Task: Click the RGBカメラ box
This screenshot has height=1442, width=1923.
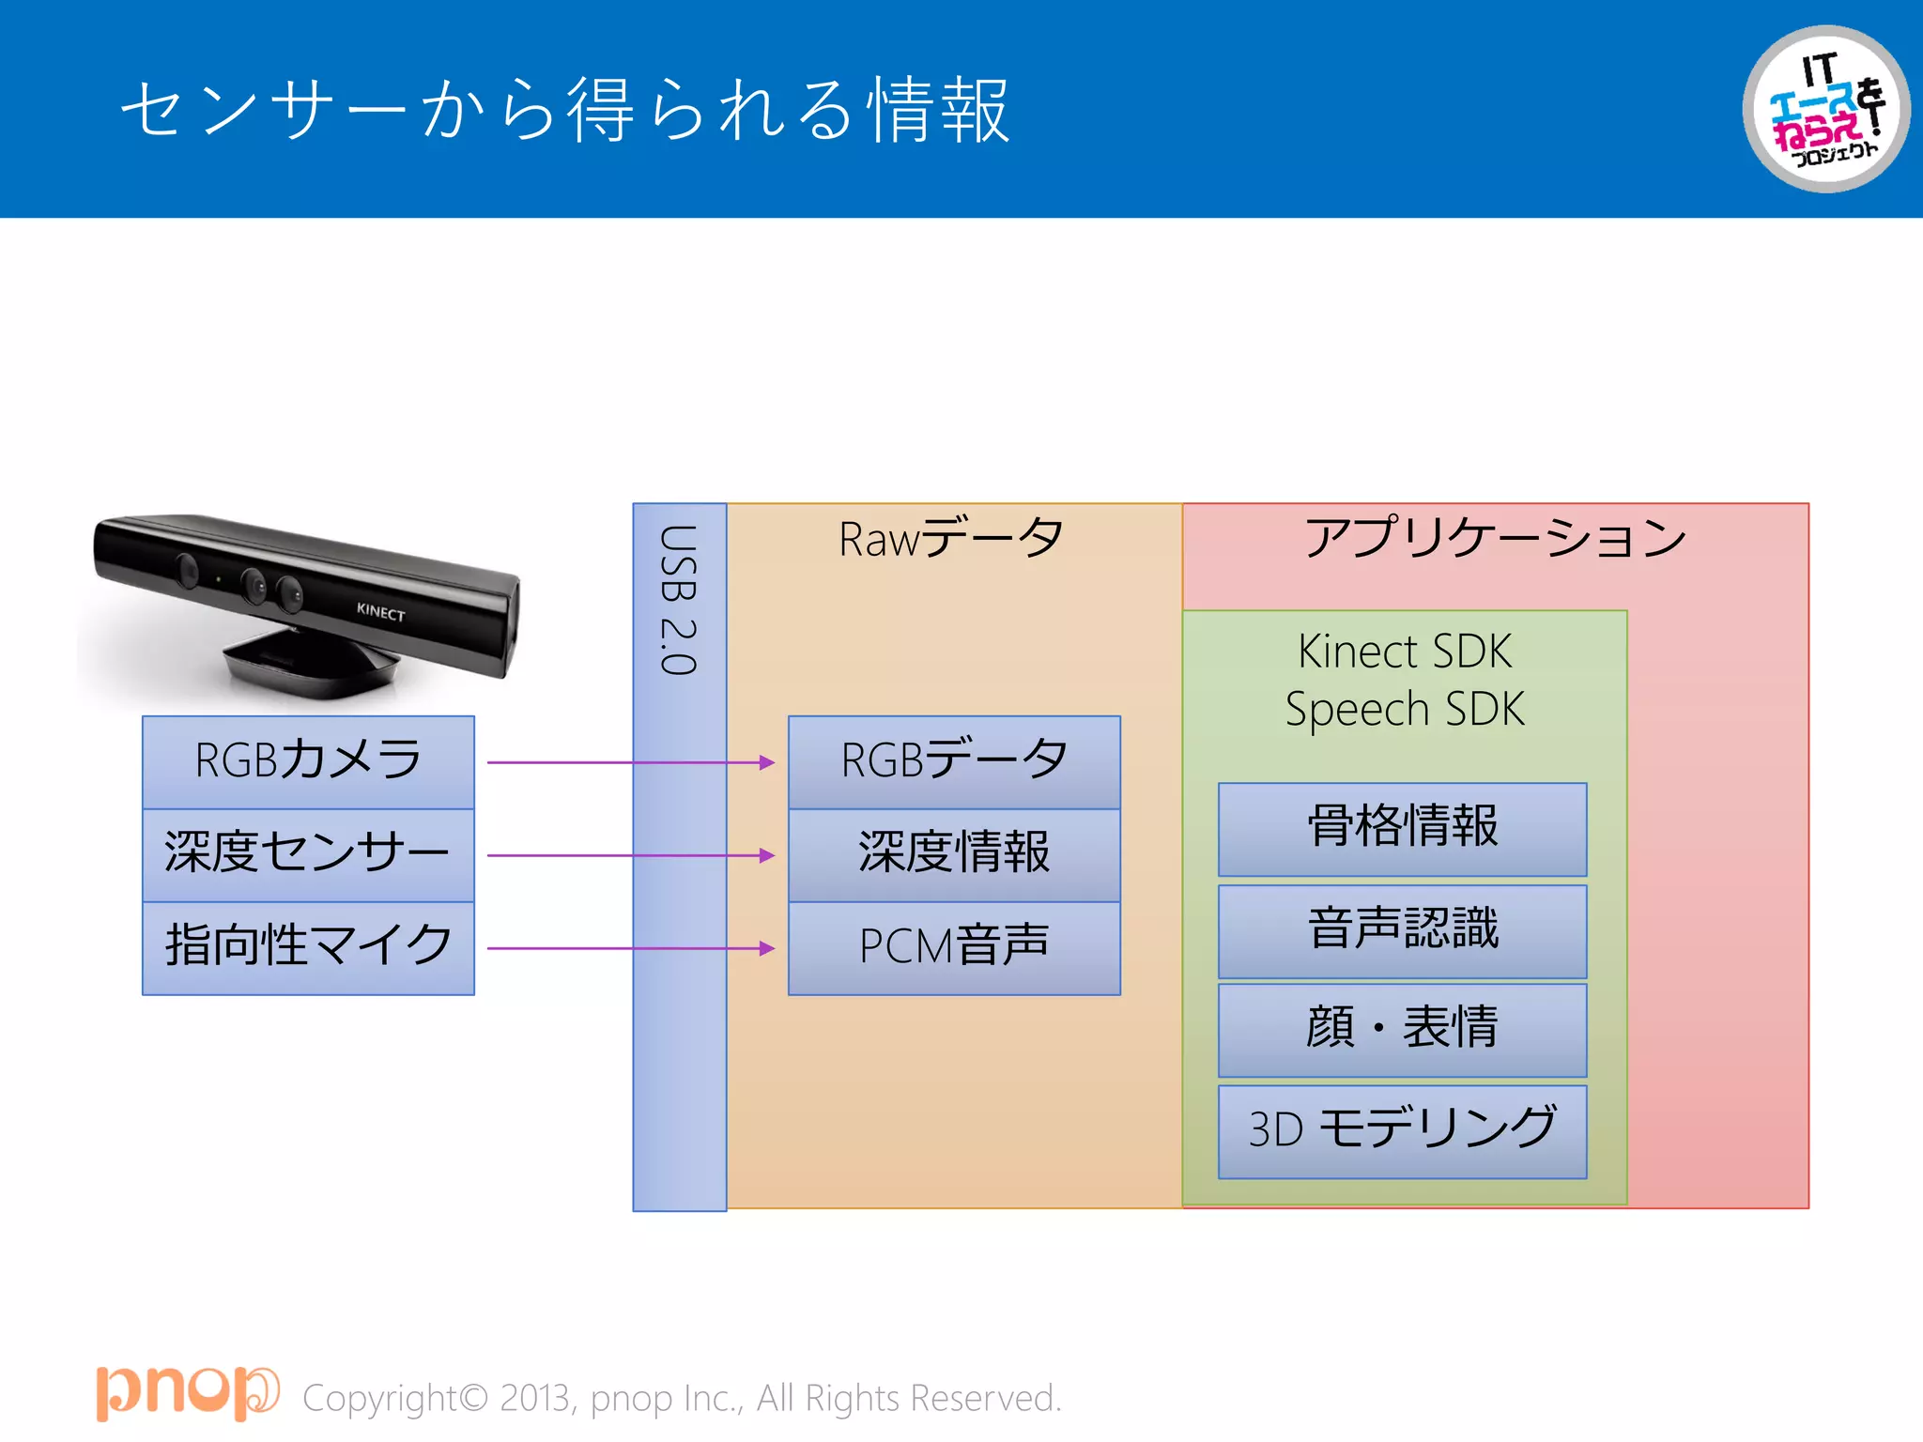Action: click(308, 761)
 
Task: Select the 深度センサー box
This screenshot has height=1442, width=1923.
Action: click(308, 854)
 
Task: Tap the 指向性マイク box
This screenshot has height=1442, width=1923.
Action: click(308, 947)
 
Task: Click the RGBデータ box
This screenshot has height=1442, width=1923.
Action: click(954, 761)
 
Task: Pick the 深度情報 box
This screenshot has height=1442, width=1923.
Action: click(954, 854)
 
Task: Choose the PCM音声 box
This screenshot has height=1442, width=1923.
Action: click(954, 947)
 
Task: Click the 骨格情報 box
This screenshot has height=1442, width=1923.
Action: click(1402, 828)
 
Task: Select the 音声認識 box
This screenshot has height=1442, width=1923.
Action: click(1402, 930)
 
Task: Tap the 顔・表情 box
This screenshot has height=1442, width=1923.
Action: click(1402, 1029)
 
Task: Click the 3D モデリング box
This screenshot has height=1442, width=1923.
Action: click(1402, 1130)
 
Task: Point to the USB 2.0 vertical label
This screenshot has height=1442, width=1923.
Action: click(678, 600)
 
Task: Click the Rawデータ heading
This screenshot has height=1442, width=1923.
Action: click(951, 539)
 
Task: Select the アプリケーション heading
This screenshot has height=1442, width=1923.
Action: click(1495, 539)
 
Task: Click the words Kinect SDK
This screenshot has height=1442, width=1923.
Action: click(1404, 652)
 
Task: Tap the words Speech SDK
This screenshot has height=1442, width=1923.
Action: click(1404, 709)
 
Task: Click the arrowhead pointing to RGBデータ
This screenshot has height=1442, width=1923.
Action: click(767, 762)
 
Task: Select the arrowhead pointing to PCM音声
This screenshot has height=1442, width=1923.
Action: click(767, 948)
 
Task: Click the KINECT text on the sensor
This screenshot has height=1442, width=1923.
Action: click(380, 612)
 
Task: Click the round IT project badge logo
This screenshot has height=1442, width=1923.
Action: click(1825, 110)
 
